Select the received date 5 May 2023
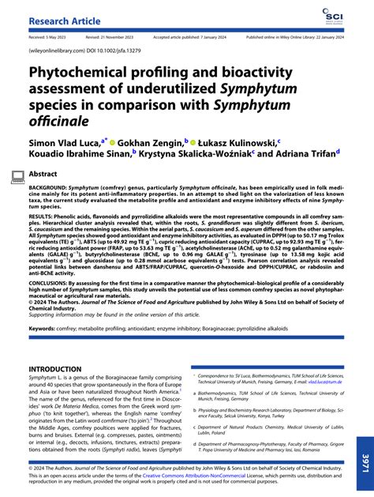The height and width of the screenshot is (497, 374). [x=53, y=36]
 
